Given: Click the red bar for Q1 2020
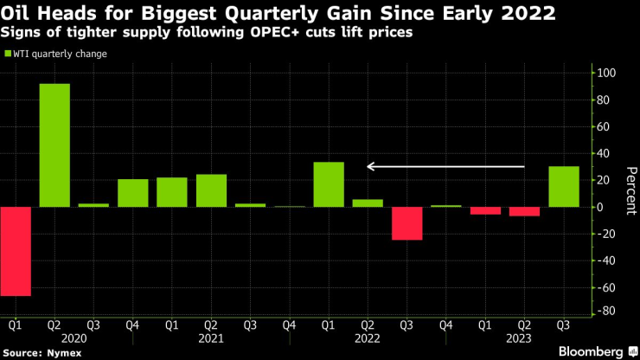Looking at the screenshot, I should point(16,251).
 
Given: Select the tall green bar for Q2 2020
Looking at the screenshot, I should point(54,145).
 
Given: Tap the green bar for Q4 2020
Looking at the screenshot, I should point(132,193).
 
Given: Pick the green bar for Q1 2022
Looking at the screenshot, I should point(329,184).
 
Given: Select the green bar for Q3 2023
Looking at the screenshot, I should point(564,186).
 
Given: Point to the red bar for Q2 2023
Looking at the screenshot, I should point(524,211).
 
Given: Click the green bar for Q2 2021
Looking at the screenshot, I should point(211,190).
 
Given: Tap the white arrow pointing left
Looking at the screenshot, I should point(446,166).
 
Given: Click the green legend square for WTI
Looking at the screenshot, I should point(8,54).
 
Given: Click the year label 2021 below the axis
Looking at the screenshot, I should point(211,339).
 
